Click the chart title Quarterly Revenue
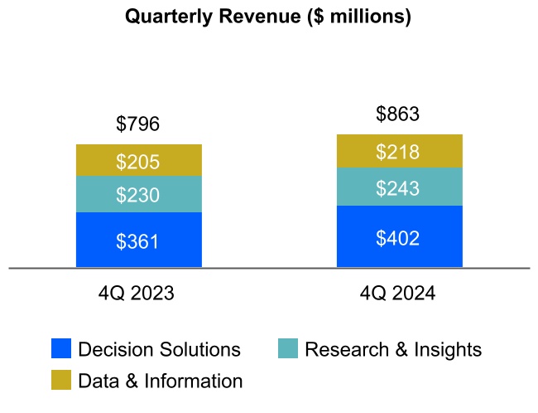click(x=267, y=17)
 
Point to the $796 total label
click(x=138, y=124)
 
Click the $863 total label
click(x=398, y=114)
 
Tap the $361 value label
click(x=138, y=241)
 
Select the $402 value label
click(x=398, y=238)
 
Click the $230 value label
click(x=138, y=196)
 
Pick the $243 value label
click(x=398, y=188)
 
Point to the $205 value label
click(x=138, y=162)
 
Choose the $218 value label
click(x=398, y=152)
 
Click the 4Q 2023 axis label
click(x=138, y=293)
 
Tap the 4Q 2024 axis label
click(x=398, y=293)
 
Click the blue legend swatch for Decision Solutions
click(x=61, y=349)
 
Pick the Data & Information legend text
click(x=161, y=381)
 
